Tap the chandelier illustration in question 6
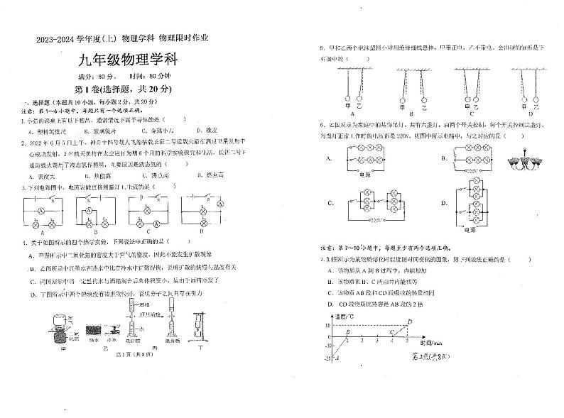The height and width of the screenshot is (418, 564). [522, 162]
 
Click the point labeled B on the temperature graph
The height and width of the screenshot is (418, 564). [347, 332]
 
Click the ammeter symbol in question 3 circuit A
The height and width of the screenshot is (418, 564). [43, 211]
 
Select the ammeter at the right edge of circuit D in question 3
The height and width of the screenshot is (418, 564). [219, 204]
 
